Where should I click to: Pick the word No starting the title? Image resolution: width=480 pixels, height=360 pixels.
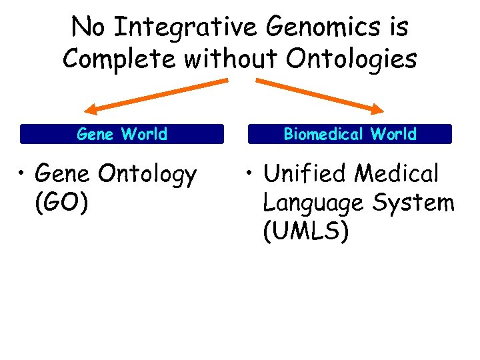pyautogui.click(x=87, y=28)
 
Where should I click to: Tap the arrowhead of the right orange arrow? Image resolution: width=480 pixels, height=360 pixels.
pyautogui.click(x=379, y=110)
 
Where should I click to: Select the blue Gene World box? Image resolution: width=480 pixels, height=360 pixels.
pyautogui.click(x=122, y=134)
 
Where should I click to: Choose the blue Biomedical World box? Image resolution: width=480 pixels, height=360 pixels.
pyautogui.click(x=349, y=134)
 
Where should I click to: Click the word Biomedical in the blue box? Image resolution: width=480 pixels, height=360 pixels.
pyautogui.click(x=324, y=134)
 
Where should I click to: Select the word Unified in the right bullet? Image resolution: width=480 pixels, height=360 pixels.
pyautogui.click(x=305, y=174)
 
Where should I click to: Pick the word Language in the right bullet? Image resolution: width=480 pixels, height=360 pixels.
pyautogui.click(x=311, y=203)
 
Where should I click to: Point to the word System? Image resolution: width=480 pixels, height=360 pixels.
pyautogui.click(x=410, y=203)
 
